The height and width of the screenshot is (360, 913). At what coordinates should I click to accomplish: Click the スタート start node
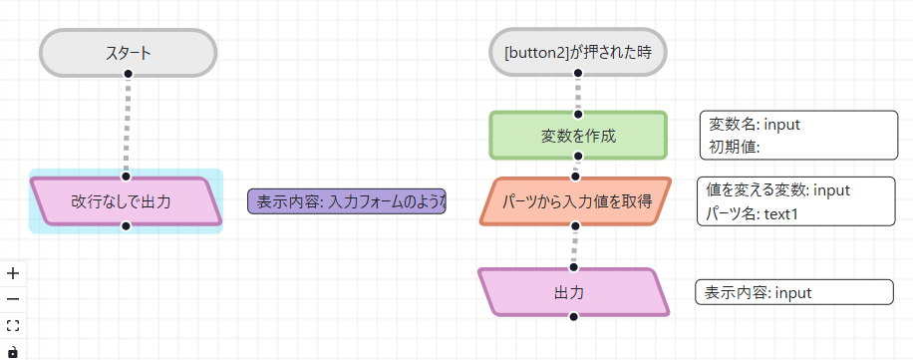pyautogui.click(x=128, y=53)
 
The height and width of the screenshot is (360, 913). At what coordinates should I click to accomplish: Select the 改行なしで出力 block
pyautogui.click(x=126, y=201)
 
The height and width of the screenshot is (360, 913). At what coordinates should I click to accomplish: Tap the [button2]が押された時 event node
pyautogui.click(x=577, y=53)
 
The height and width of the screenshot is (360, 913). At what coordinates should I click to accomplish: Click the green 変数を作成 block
pyautogui.click(x=577, y=136)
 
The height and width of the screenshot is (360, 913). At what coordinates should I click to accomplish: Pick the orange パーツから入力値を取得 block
pyautogui.click(x=577, y=201)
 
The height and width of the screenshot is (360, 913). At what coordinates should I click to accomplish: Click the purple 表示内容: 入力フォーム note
pyautogui.click(x=347, y=201)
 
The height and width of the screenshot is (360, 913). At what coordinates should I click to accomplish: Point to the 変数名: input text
pyautogui.click(x=755, y=125)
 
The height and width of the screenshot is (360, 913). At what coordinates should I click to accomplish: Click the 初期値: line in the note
pyautogui.click(x=735, y=147)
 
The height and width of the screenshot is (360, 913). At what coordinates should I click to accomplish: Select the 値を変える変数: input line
pyautogui.click(x=777, y=190)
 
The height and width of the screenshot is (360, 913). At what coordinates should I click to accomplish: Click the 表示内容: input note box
pyautogui.click(x=793, y=292)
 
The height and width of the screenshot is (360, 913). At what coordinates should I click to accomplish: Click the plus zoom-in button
pyautogui.click(x=13, y=273)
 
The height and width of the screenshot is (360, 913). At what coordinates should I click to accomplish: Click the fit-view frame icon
pyautogui.click(x=13, y=325)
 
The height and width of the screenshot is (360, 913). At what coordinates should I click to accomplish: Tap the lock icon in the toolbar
pyautogui.click(x=13, y=351)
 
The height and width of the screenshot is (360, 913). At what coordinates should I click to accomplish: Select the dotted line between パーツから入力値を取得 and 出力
pyautogui.click(x=575, y=246)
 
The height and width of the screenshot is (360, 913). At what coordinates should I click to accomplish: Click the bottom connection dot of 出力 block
pyautogui.click(x=573, y=316)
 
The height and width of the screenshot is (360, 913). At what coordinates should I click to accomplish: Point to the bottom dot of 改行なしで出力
pyautogui.click(x=126, y=226)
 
